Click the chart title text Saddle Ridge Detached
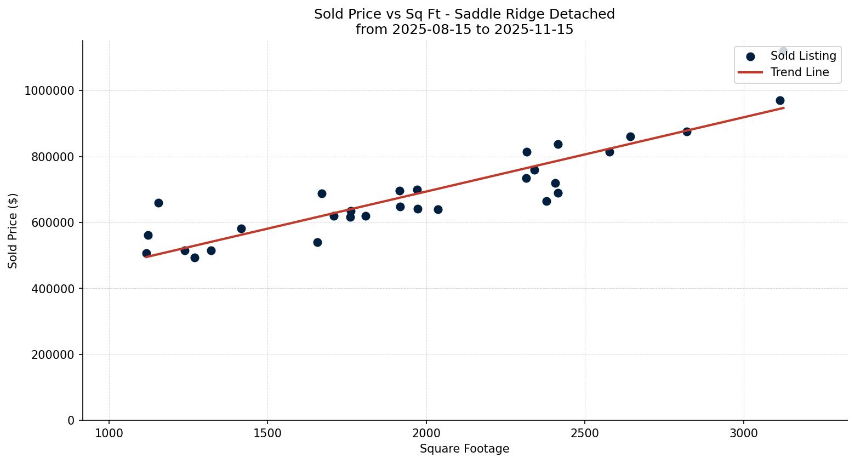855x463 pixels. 464,14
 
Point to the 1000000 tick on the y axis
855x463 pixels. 49,91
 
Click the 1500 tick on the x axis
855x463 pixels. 267,433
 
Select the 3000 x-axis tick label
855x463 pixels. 744,433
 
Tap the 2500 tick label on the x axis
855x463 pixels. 585,433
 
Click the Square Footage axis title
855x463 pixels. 464,449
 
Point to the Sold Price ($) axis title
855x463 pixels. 13,231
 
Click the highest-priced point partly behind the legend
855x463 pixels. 783,51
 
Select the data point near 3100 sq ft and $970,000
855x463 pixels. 780,100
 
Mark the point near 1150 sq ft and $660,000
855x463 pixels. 158,203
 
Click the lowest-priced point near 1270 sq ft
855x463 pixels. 195,258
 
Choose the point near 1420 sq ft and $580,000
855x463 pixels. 241,228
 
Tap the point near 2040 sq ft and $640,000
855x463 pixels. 438,209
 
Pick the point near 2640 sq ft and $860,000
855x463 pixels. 630,136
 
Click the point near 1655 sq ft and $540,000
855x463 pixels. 317,242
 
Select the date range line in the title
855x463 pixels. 464,30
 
